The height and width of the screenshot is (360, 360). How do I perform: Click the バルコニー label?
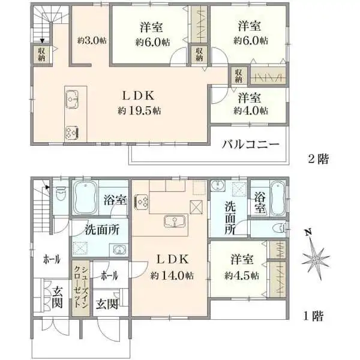[x=251, y=145]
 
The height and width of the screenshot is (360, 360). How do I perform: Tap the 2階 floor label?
[x=319, y=159]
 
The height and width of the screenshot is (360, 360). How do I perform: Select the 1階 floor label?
[x=314, y=316]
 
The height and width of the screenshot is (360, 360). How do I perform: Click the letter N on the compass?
[x=308, y=233]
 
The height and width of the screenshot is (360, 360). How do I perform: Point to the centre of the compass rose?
[x=316, y=260]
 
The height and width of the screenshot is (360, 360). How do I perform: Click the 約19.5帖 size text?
[x=139, y=111]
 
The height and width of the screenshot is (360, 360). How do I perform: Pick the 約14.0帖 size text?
[x=172, y=275]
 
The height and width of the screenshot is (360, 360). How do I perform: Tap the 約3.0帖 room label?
[x=92, y=41]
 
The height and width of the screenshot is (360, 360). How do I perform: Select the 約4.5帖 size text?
[x=242, y=275]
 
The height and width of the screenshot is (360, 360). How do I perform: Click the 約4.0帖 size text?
[x=251, y=111]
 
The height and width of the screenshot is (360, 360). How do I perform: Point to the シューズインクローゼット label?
[x=80, y=287]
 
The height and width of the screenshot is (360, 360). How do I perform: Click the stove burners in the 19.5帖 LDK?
[x=72, y=133]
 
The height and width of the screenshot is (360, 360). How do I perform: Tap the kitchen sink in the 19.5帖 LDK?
[x=72, y=100]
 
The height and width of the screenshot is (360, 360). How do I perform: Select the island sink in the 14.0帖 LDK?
[x=175, y=221]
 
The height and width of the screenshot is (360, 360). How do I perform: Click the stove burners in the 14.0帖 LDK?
[x=142, y=202]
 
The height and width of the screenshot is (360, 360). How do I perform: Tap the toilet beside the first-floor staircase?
[x=61, y=193]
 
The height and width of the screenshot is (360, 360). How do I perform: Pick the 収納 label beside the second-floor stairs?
[x=41, y=55]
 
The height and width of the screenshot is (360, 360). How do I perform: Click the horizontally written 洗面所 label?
[x=102, y=230]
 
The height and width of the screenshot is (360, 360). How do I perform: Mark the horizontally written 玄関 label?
[x=107, y=304]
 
